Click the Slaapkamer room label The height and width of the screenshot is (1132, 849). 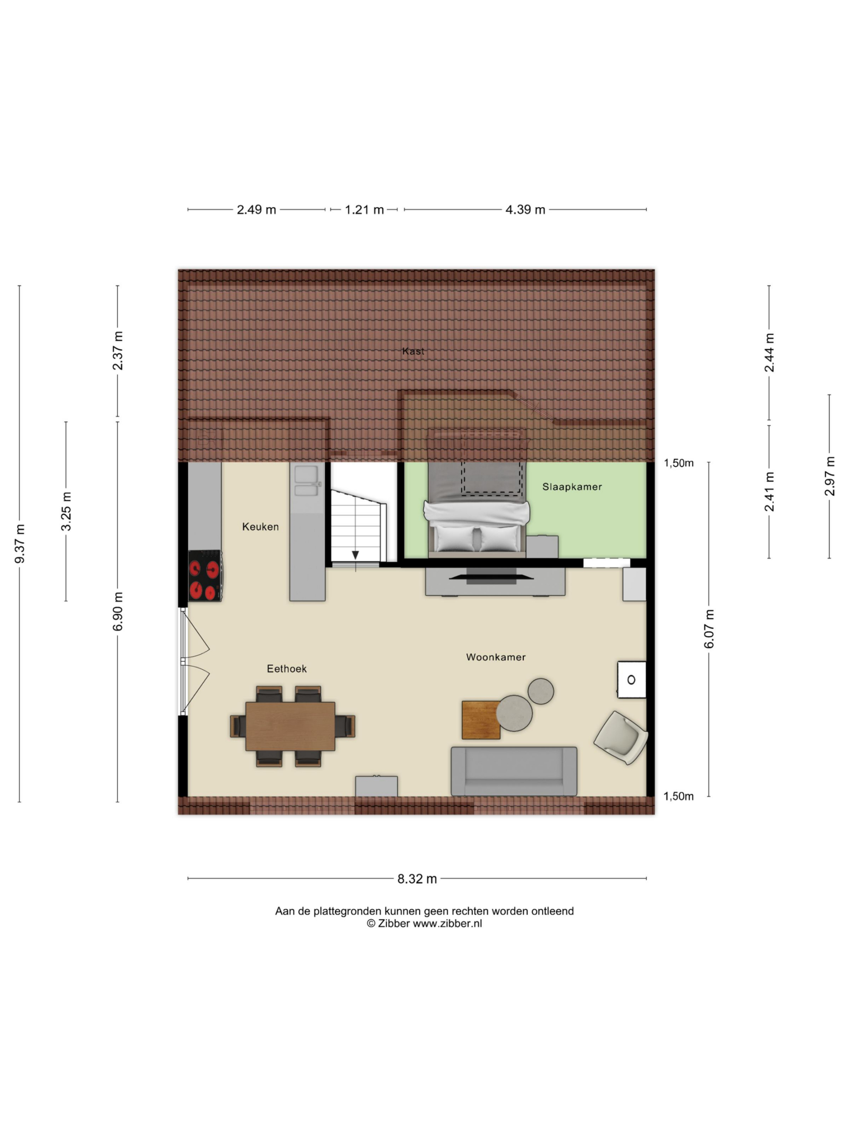[x=572, y=487]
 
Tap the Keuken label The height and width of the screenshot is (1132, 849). [x=260, y=527]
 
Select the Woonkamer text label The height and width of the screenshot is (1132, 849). [x=495, y=657]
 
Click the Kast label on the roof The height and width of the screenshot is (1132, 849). [x=413, y=351]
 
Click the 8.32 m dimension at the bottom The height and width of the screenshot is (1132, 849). [x=417, y=879]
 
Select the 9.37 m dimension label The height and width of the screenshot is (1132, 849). [x=19, y=543]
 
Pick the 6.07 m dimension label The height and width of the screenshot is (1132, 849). [x=709, y=629]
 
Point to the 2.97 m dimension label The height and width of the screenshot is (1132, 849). [x=829, y=476]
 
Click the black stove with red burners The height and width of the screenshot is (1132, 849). [x=205, y=575]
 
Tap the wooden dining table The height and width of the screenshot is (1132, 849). [x=290, y=726]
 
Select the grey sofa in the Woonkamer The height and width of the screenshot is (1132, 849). [x=514, y=771]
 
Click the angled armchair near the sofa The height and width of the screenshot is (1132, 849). [x=621, y=738]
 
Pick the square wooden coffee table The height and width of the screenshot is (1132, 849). [x=481, y=720]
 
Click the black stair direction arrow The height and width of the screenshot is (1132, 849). [x=355, y=555]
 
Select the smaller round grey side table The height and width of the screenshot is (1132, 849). [x=540, y=691]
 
